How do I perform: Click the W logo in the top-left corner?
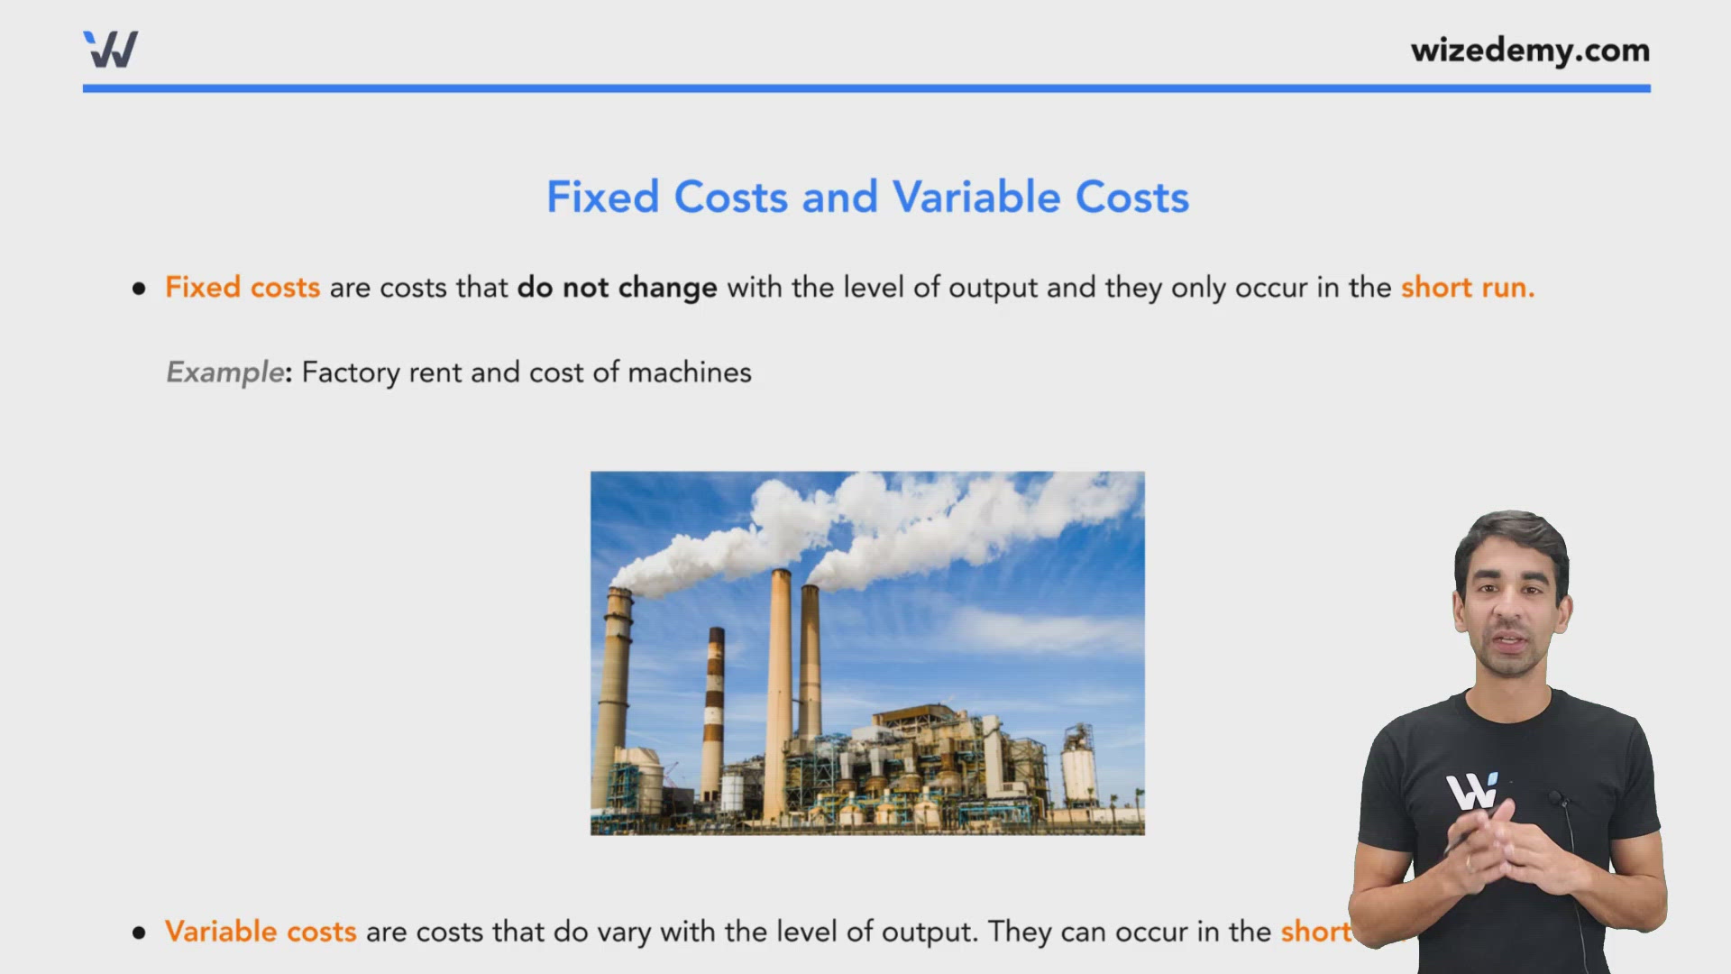pos(110,50)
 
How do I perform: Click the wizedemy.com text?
pos(1530,51)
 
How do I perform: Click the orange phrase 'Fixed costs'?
pos(243,288)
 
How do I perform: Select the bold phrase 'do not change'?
pos(617,288)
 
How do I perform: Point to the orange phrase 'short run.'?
pos(1467,288)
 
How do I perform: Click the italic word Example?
pos(225,372)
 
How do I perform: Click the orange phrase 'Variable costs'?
pos(261,932)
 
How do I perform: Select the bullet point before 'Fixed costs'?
pos(139,289)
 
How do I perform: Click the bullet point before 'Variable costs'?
pos(139,933)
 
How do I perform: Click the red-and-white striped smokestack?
pos(714,712)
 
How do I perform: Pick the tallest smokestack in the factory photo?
pos(779,694)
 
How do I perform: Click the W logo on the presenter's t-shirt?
pos(1471,792)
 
